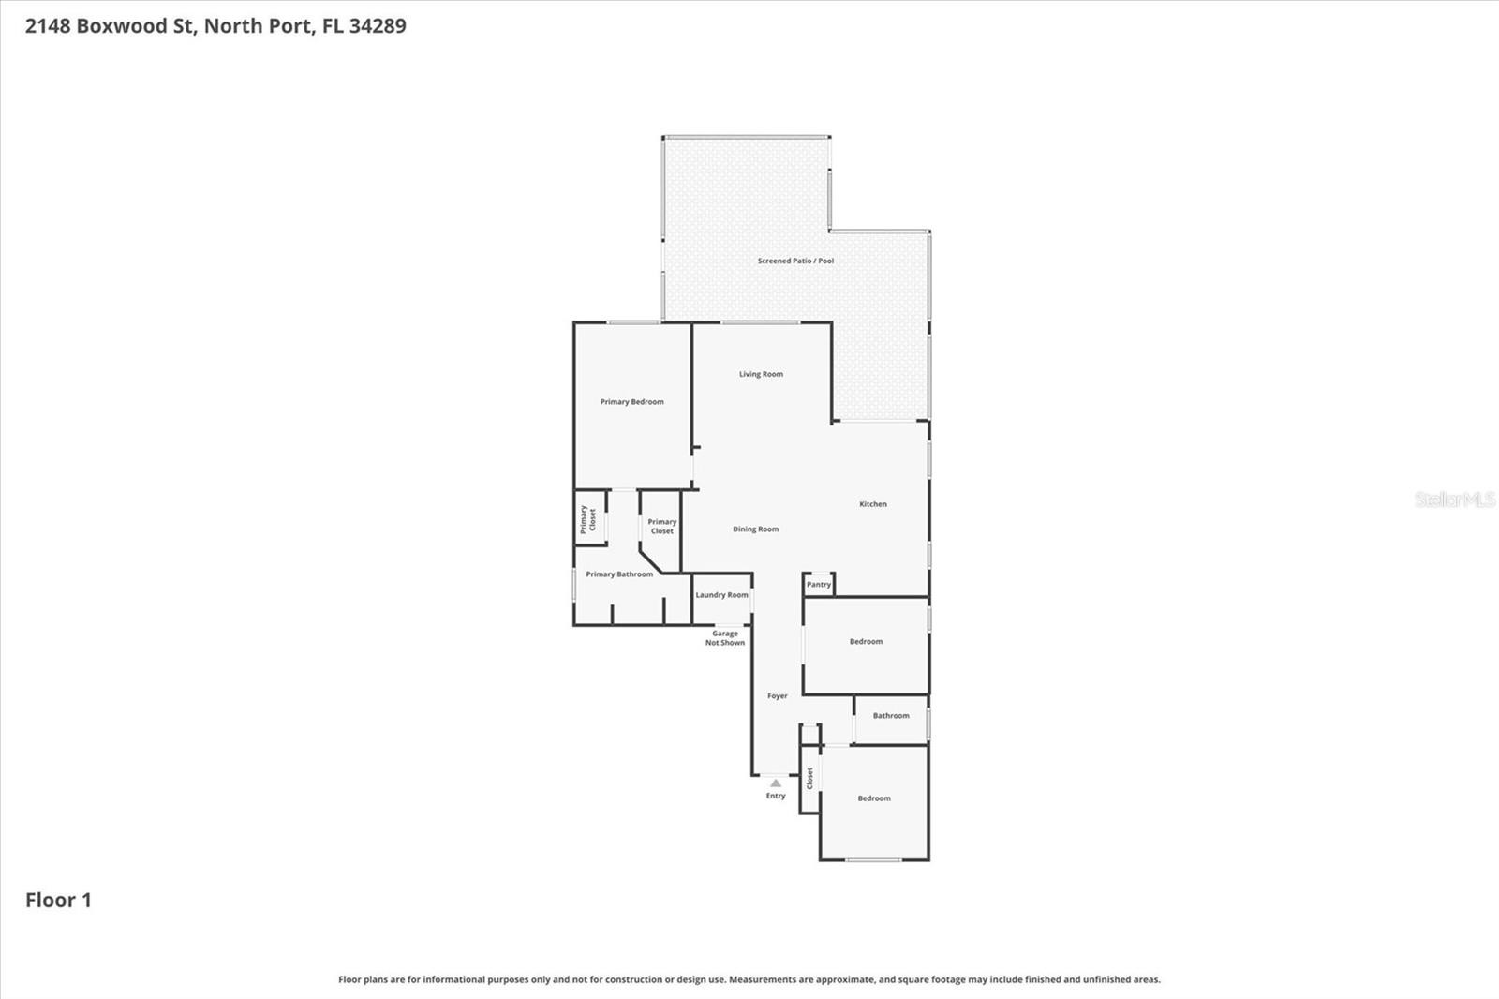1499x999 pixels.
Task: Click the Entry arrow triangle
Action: [775, 783]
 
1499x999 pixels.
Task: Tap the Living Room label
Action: [761, 374]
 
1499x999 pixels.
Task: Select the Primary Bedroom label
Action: [631, 402]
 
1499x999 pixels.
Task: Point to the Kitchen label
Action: [872, 503]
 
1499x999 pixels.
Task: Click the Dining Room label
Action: [755, 529]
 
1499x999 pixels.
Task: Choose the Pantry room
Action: [819, 585]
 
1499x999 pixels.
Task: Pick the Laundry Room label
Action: [721, 594]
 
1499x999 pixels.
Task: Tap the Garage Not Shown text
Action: [725, 638]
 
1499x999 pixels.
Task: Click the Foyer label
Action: [777, 695]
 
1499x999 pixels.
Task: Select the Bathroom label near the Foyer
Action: [891, 715]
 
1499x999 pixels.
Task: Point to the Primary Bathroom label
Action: [619, 574]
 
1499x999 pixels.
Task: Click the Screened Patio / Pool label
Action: [795, 261]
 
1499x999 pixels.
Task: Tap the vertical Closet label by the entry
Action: [809, 778]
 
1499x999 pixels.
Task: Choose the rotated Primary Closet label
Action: [587, 519]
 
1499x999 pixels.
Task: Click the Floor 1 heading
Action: [58, 900]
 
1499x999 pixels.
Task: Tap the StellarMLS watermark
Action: [1455, 499]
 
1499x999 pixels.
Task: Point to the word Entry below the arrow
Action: [776, 796]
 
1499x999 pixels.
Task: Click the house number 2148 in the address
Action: [48, 25]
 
